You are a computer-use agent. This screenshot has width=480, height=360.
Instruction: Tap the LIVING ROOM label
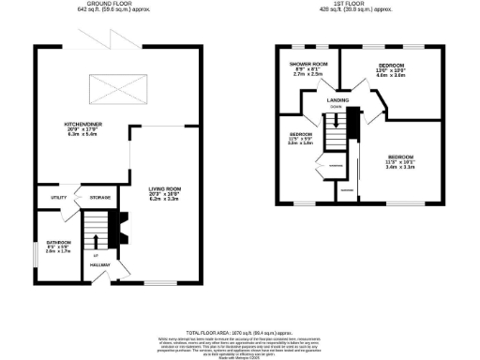(162, 189)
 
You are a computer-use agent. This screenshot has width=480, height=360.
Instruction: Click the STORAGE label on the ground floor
(99, 198)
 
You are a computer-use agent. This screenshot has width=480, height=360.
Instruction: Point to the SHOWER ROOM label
(305, 64)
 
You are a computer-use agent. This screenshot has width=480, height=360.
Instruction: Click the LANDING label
(338, 97)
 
